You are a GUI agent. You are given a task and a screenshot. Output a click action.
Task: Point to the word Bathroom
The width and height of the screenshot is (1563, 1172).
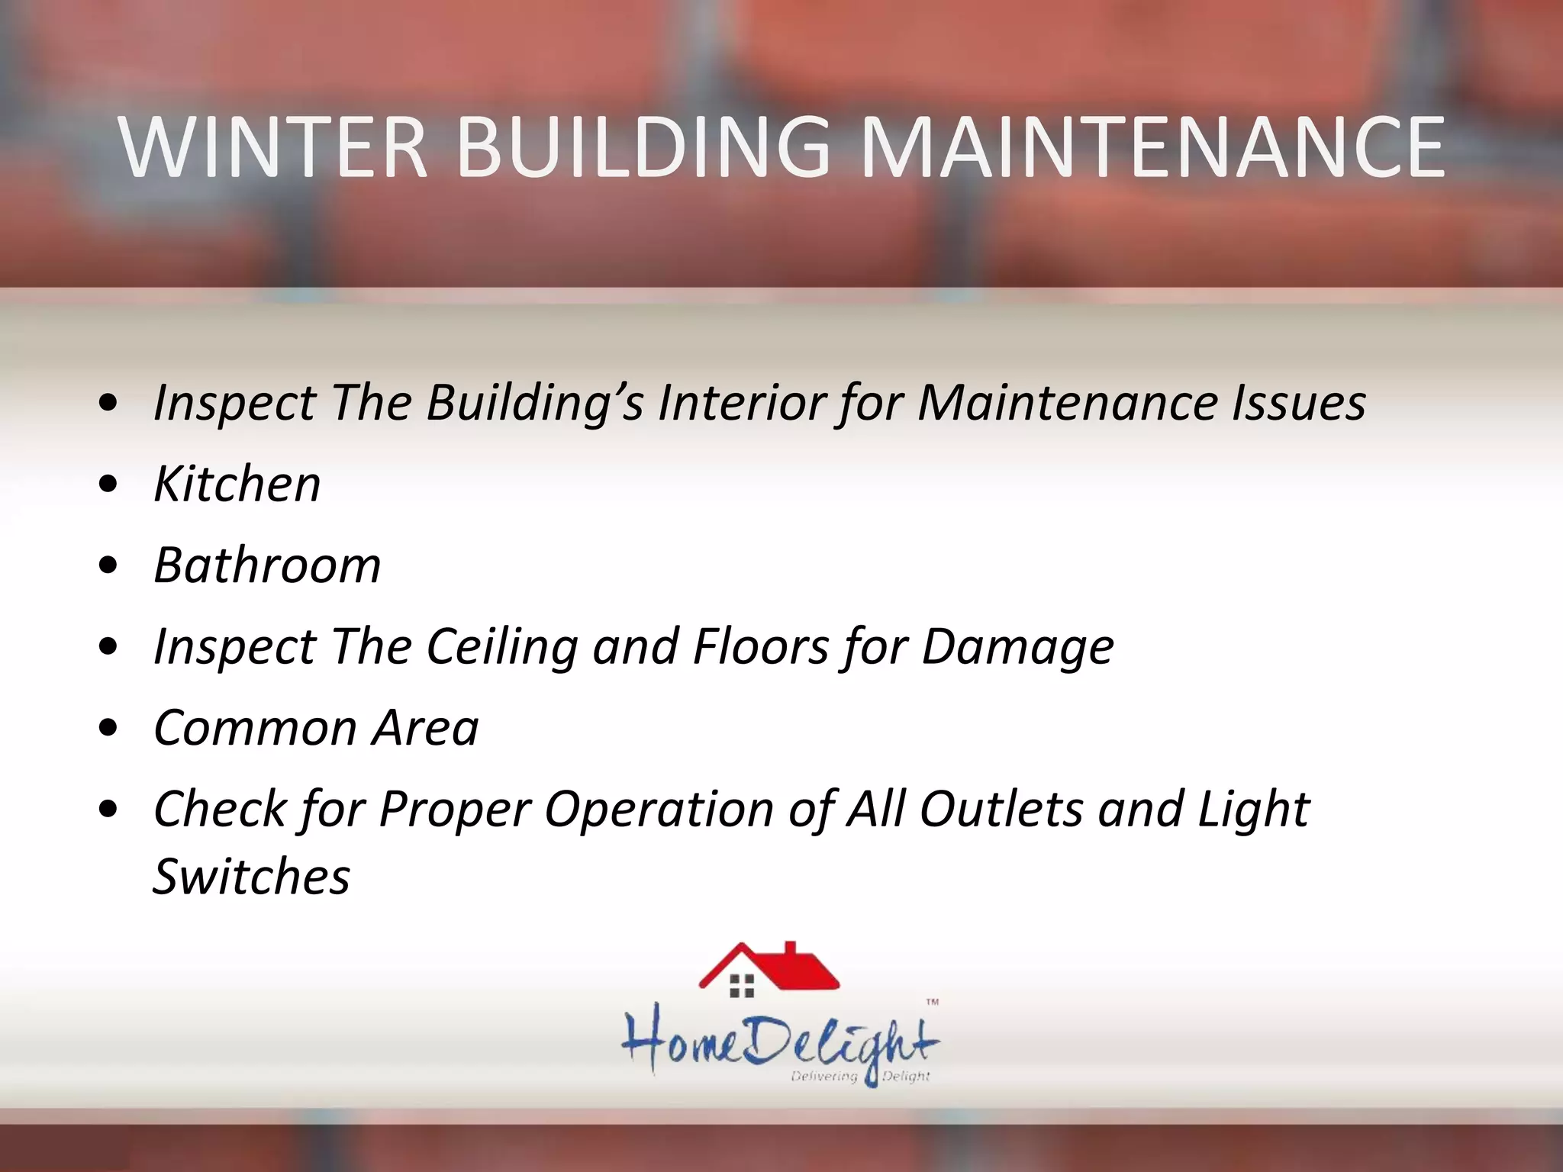(267, 565)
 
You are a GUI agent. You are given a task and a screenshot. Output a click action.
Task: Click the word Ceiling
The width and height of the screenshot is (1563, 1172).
(501, 647)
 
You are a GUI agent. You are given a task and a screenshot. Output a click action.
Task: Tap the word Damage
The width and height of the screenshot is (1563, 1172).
(1017, 647)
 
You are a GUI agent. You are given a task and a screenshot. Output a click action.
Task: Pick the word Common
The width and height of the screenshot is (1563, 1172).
(255, 728)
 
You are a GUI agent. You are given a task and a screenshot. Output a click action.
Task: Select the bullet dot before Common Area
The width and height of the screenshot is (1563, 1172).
(109, 728)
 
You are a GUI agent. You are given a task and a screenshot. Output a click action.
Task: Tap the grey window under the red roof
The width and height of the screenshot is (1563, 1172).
(742, 985)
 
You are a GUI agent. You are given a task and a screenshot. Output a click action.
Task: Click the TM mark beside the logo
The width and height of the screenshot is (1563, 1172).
(932, 1003)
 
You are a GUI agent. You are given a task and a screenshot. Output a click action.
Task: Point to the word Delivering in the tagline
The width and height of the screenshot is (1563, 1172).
(824, 1076)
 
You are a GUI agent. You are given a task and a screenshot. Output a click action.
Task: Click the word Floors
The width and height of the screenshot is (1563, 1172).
(760, 647)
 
